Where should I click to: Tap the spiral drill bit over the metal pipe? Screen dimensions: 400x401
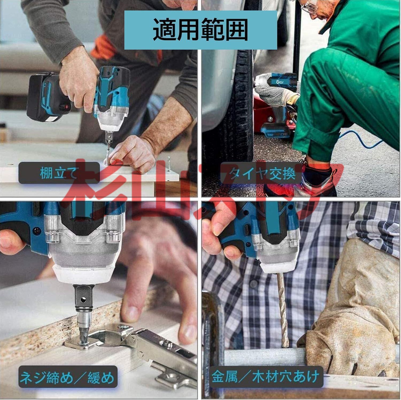(x=282, y=310)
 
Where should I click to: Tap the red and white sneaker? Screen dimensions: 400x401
(x=318, y=181)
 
